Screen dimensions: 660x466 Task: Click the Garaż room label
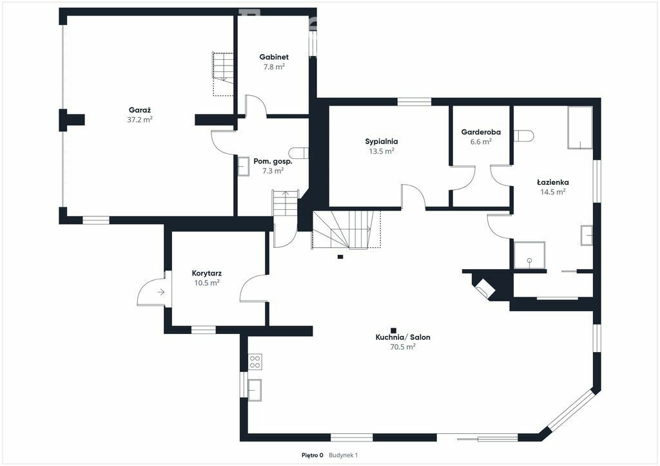140,110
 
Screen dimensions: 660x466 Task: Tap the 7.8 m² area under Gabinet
274,67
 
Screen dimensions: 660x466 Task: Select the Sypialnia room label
382,142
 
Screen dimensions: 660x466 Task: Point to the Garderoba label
481,132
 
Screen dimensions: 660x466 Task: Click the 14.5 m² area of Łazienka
552,192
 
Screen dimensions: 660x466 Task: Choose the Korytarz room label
207,274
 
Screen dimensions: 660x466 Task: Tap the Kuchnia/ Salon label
403,337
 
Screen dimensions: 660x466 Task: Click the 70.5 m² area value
403,347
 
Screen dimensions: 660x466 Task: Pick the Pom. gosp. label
273,162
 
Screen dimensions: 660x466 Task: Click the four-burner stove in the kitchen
255,362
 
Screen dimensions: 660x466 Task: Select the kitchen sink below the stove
255,389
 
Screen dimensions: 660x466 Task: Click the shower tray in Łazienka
530,255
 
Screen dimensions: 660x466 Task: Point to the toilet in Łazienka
523,136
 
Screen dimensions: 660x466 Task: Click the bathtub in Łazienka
580,127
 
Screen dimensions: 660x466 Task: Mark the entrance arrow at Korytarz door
160,292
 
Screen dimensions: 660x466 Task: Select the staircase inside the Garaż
223,74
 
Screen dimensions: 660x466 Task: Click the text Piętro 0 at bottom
313,455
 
